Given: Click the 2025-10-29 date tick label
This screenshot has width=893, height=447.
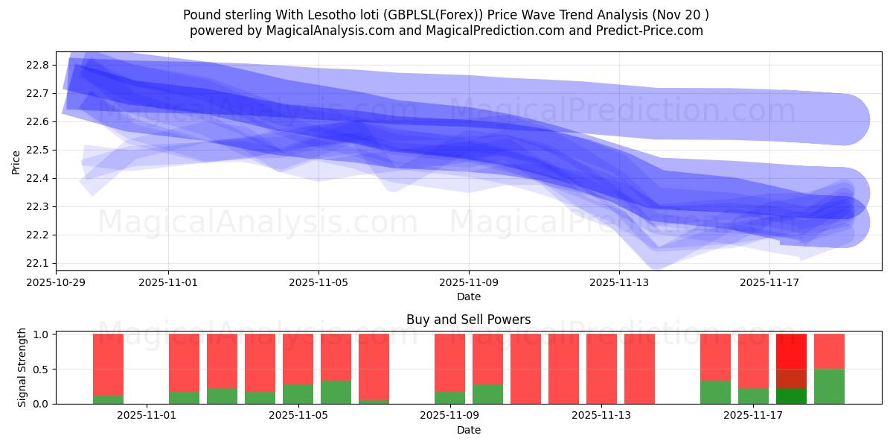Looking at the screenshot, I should (56, 282).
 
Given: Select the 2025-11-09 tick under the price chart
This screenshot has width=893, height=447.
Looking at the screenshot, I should (469, 282).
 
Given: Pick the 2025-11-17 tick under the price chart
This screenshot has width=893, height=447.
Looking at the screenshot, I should (769, 282).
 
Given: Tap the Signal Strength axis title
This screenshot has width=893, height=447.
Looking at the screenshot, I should (22, 367).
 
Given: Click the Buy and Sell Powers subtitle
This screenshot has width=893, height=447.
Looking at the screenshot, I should (469, 320).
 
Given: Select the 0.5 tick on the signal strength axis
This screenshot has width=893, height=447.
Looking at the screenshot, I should (41, 370).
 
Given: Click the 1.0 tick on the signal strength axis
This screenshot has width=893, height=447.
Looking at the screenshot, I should (41, 335).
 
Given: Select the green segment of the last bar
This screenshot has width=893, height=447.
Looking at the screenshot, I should (829, 386).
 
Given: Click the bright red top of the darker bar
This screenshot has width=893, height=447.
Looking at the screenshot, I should (791, 351).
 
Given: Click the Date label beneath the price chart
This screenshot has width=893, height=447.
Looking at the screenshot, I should (469, 297).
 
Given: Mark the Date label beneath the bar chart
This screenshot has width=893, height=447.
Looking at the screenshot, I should (469, 430).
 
